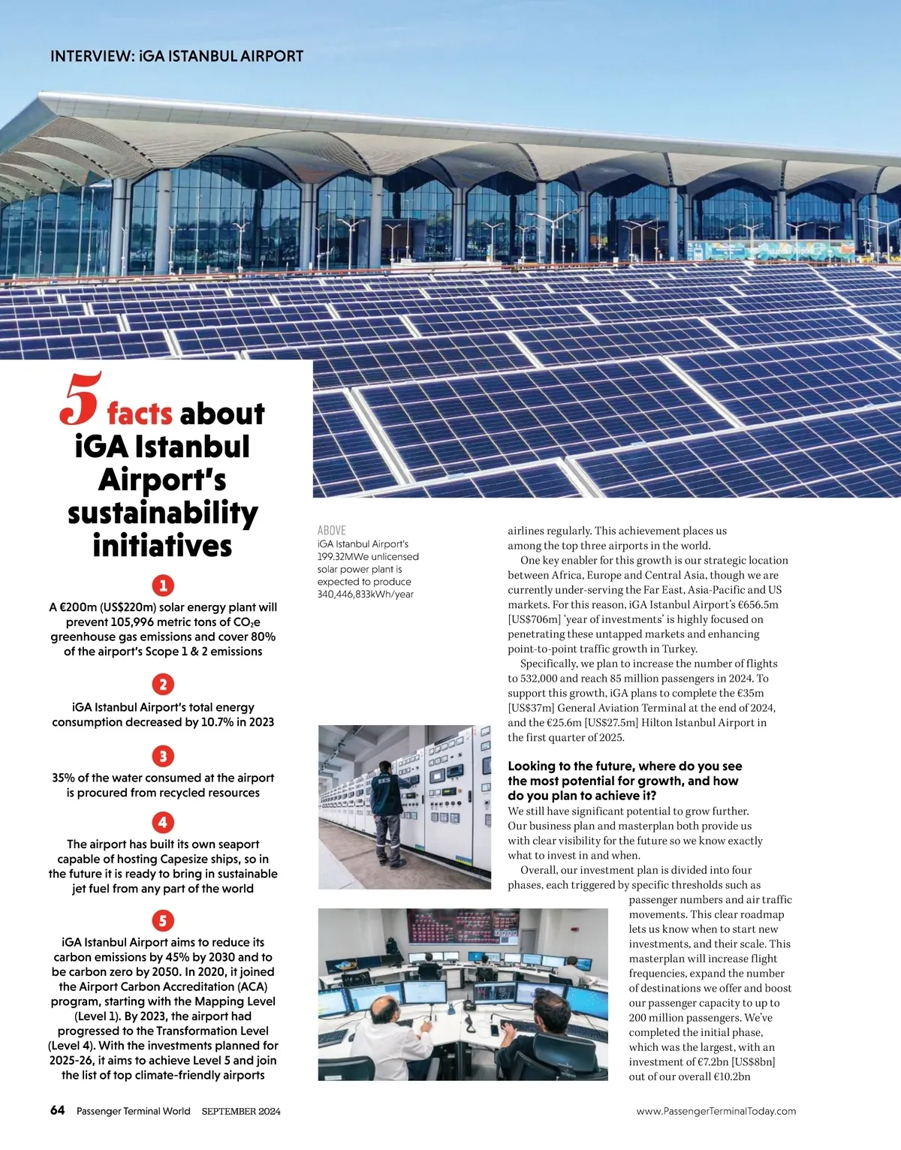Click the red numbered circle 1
point(163,585)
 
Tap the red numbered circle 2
point(163,684)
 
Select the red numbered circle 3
point(163,755)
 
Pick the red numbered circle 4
point(163,822)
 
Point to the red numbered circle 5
point(163,920)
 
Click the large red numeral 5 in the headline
point(79,399)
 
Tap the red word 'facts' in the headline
point(140,414)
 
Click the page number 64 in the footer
point(58,1110)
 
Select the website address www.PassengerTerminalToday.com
point(716,1111)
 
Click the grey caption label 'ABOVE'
point(332,530)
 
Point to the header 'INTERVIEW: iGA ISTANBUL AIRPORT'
point(176,56)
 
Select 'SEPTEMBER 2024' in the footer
point(241,1111)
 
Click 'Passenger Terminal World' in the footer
point(134,1111)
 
